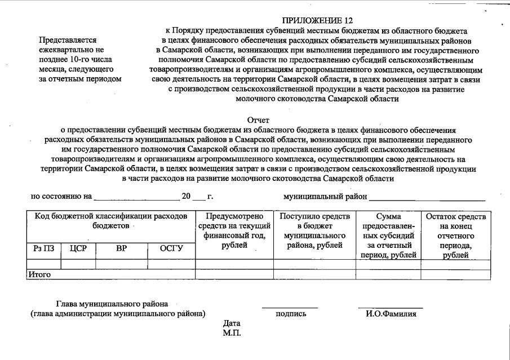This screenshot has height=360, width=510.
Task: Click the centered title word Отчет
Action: click(258, 120)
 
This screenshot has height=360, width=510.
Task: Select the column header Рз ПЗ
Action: click(43, 248)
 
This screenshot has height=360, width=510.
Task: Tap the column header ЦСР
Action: click(78, 248)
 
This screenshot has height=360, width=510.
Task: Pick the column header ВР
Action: click(122, 248)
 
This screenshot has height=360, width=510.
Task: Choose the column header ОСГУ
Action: click(171, 248)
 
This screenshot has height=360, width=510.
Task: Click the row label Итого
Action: click(39, 274)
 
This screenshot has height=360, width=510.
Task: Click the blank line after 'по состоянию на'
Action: click(136, 199)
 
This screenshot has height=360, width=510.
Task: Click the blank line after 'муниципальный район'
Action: click(427, 199)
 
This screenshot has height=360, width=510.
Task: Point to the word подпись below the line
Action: click(291, 314)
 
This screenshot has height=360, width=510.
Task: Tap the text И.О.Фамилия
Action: click(391, 314)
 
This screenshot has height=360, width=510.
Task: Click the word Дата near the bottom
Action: click(232, 323)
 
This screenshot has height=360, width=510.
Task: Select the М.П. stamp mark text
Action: click(232, 333)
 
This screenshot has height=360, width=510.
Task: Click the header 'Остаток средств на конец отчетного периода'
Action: click(456, 235)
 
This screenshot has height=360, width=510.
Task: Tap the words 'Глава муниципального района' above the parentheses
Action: click(112, 304)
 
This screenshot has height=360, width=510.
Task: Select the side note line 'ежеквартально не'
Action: click(71, 50)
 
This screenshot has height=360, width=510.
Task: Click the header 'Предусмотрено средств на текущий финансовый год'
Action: click(234, 230)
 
